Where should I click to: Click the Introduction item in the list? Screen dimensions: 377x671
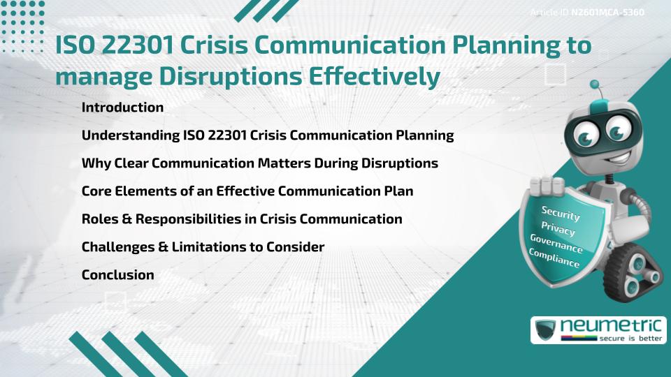point(122,108)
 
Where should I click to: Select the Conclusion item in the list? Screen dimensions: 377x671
point(117,275)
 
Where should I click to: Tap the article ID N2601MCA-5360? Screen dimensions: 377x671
point(607,12)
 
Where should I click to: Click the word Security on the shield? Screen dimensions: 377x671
point(561,212)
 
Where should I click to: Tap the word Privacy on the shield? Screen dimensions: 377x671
point(558,228)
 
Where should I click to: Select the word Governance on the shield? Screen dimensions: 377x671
point(556,244)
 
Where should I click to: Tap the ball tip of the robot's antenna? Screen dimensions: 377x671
point(596,85)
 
